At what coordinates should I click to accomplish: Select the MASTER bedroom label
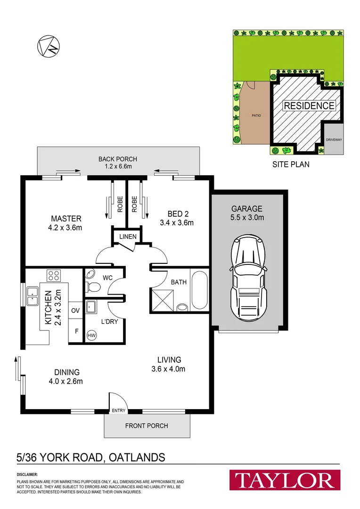pos(66,219)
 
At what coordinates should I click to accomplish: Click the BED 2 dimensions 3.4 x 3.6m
pos(177,223)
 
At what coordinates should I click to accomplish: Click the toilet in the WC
pos(93,286)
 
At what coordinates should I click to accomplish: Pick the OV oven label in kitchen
pos(75,311)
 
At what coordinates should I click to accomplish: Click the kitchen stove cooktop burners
pos(53,275)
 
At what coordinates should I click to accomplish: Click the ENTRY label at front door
pos(118,410)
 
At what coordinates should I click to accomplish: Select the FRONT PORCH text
pos(147,426)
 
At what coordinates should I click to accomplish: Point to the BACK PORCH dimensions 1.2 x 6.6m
pos(117,166)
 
